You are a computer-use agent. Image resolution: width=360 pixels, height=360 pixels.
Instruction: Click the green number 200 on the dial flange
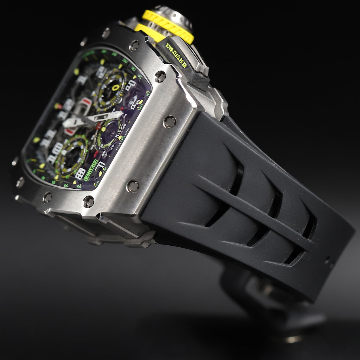coord(124,61)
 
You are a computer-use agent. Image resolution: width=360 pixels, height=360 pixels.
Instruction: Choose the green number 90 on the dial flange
coord(66,185)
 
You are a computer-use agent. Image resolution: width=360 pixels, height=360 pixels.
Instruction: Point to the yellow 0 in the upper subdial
coord(116,87)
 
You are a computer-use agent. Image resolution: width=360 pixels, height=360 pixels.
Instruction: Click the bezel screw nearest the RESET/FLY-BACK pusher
coord(160,76)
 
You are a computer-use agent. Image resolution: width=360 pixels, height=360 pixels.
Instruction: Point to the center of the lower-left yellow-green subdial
coord(69,156)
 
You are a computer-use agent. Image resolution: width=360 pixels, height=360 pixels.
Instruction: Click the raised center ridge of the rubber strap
coord(253,213)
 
